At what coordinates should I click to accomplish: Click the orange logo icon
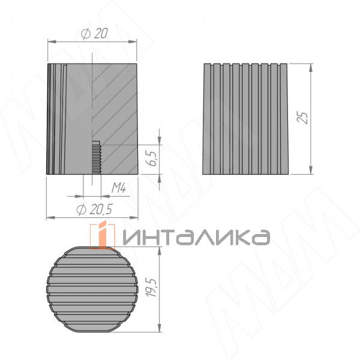(103, 235)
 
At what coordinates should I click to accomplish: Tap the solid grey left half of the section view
(69, 120)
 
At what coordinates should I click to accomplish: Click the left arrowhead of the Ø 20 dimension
(50, 41)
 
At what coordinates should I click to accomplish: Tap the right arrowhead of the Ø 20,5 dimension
(137, 217)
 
